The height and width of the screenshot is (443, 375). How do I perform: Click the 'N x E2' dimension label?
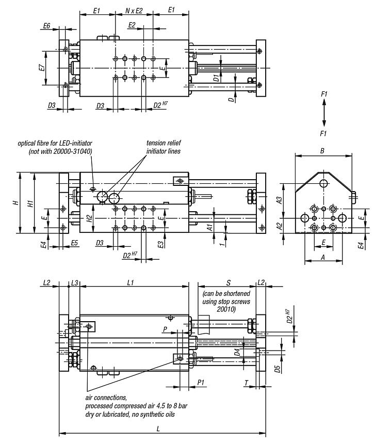[136, 10]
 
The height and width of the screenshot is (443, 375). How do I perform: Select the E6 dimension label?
[47, 25]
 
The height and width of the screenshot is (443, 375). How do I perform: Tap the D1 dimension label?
[217, 78]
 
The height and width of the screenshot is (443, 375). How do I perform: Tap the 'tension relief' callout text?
[164, 143]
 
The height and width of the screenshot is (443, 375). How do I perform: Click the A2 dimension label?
[279, 226]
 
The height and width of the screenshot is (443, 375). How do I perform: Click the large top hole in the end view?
[323, 183]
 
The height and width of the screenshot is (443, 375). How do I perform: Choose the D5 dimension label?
[277, 369]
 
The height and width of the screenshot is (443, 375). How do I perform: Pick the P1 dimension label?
[202, 383]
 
